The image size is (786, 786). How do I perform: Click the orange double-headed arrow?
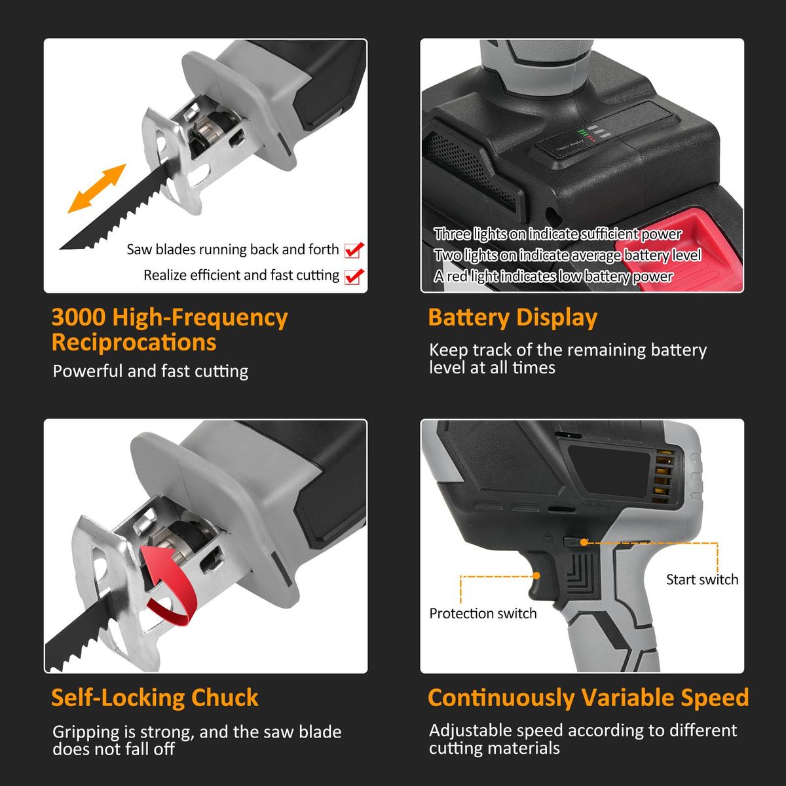[x=97, y=189]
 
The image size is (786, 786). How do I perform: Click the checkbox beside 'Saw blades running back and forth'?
[x=354, y=250]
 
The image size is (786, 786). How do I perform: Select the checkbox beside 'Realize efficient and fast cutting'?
[x=354, y=276]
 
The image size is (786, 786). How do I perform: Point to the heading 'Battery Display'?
[x=513, y=318]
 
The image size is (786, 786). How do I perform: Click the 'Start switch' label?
[x=702, y=579]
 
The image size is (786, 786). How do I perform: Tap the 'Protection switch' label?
[x=483, y=614]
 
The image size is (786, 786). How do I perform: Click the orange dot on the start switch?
[x=584, y=542]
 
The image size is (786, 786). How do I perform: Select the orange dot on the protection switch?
[x=537, y=576]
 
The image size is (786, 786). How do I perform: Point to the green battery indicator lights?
[x=582, y=132]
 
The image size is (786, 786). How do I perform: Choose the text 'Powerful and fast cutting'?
[x=151, y=371]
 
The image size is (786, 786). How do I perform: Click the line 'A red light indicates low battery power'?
[x=553, y=276]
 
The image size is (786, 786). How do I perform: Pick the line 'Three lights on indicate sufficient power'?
[x=557, y=234]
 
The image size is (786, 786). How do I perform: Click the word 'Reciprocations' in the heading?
[x=134, y=342]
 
